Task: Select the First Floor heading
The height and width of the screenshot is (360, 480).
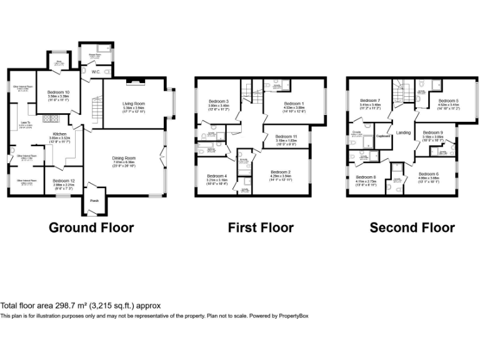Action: pyautogui.click(x=261, y=227)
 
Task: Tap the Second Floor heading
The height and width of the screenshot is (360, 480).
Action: pyautogui.click(x=412, y=227)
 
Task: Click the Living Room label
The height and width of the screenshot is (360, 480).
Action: pyautogui.click(x=133, y=103)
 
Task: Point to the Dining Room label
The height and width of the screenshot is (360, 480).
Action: pyautogui.click(x=125, y=158)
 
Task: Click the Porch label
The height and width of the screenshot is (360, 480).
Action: pyautogui.click(x=94, y=201)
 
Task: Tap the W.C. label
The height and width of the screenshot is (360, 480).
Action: pyautogui.click(x=96, y=72)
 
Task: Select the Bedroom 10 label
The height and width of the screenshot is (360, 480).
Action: pyautogui.click(x=58, y=92)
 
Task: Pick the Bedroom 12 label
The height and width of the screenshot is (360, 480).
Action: pyautogui.click(x=64, y=181)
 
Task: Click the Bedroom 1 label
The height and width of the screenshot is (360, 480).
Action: pyautogui.click(x=294, y=103)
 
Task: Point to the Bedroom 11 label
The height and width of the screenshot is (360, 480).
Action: pyautogui.click(x=286, y=136)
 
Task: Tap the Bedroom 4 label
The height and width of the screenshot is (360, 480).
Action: pyautogui.click(x=216, y=176)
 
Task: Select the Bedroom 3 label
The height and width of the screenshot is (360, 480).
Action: pyautogui.click(x=219, y=101)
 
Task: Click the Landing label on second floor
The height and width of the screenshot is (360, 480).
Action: pyautogui.click(x=403, y=132)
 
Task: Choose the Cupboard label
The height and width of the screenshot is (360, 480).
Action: pyautogui.click(x=383, y=136)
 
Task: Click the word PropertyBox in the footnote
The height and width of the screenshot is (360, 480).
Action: pyautogui.click(x=292, y=316)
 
